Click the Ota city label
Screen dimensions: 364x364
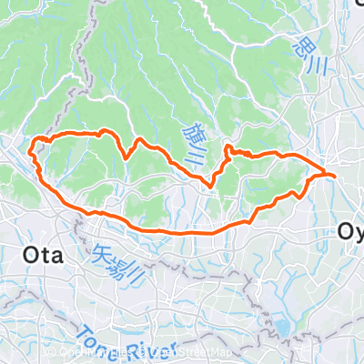[41, 256]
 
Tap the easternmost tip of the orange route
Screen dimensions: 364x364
[335, 174]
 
